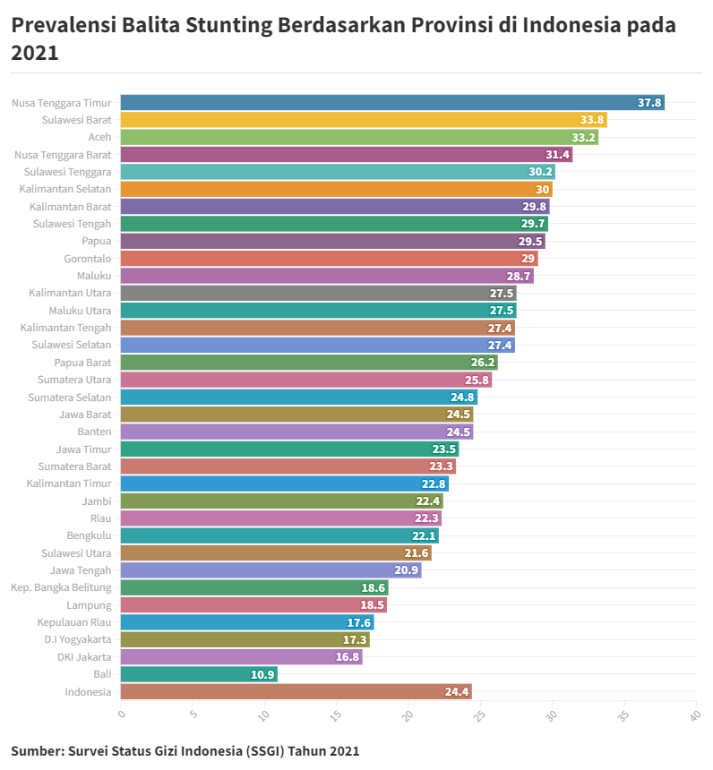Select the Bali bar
coord(199,674)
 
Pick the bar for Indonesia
coord(296,691)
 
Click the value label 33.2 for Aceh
coord(583,138)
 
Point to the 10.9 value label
coord(262,674)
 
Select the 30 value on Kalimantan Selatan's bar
coord(543,190)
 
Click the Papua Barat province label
coord(82,363)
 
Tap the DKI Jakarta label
coord(84,657)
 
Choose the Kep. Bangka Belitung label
coord(61,587)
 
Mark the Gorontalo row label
coord(88,259)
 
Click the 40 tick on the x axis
coord(693,715)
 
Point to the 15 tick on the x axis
coord(335,715)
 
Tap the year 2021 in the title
coord(34,53)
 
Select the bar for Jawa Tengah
coord(271,570)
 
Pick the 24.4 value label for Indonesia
coord(457,691)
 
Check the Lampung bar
coord(253,605)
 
